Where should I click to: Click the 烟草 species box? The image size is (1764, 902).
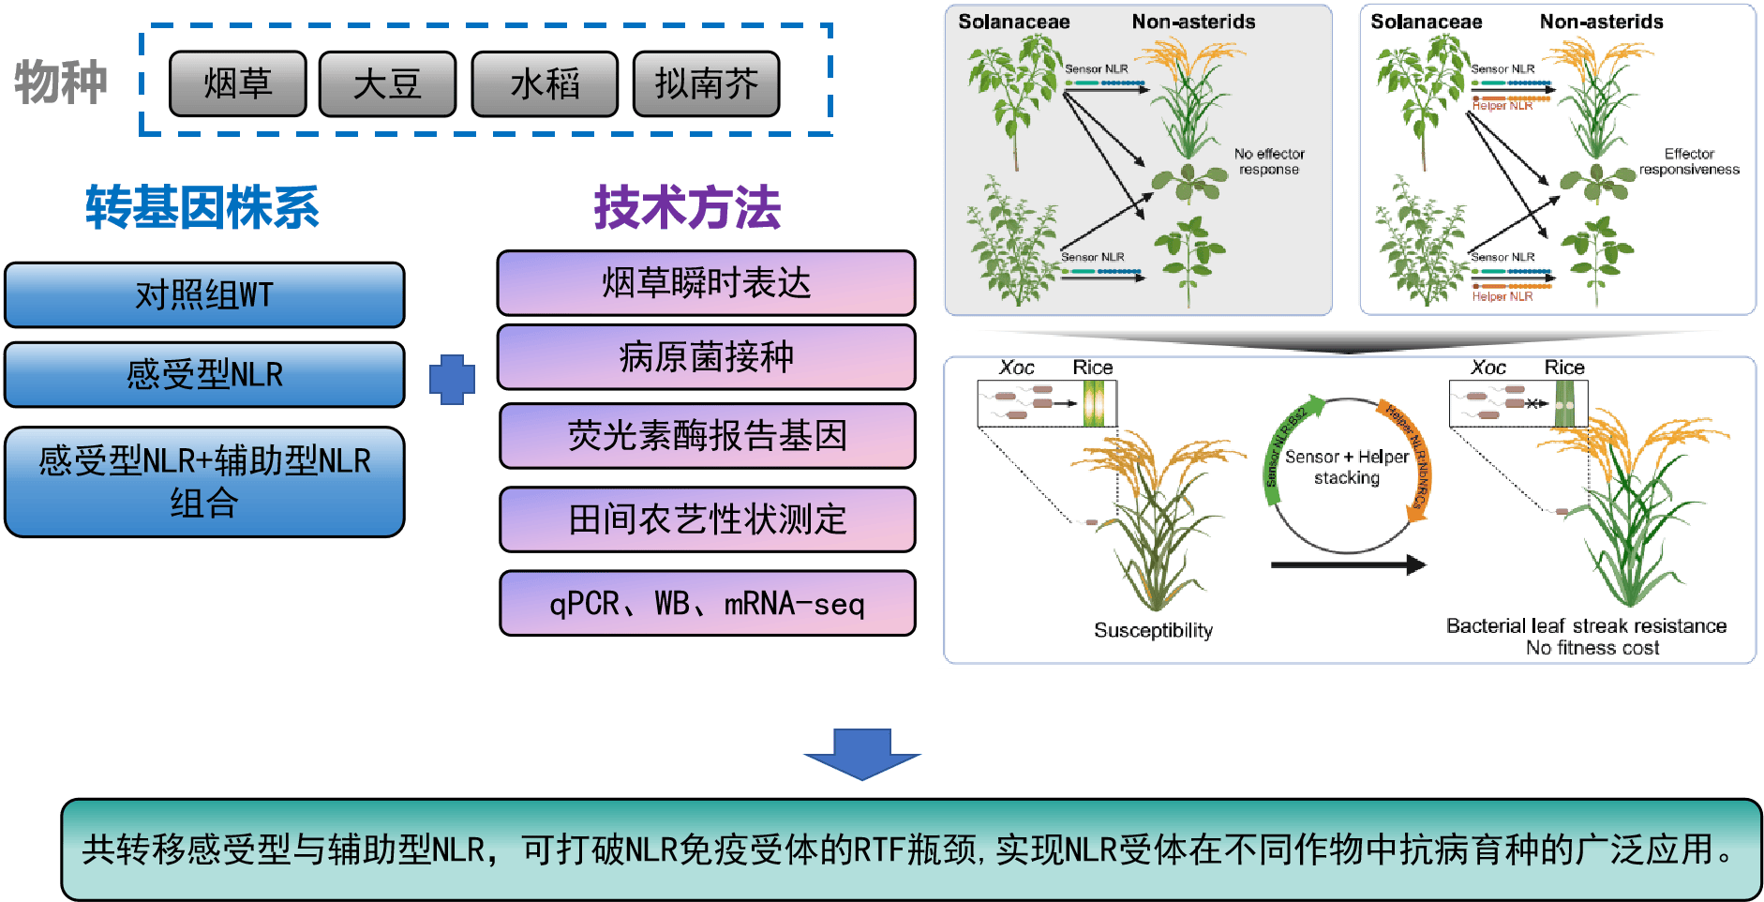click(238, 84)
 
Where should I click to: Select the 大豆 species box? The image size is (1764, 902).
click(387, 84)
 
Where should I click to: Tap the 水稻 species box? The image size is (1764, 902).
click(545, 84)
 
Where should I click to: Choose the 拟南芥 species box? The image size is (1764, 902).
click(706, 84)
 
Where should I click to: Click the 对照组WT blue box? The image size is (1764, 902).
click(204, 295)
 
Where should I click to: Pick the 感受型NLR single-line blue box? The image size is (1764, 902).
click(204, 375)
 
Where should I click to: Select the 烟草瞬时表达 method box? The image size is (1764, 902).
click(706, 283)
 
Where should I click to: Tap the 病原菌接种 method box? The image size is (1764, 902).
click(706, 357)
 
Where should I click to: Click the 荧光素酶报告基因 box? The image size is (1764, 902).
click(707, 436)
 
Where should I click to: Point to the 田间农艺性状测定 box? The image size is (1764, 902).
click(707, 519)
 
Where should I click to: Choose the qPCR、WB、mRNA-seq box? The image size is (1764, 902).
click(707, 604)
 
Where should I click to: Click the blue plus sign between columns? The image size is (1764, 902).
click(452, 380)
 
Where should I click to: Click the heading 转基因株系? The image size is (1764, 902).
click(202, 207)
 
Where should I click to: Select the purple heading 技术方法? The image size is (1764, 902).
click(687, 207)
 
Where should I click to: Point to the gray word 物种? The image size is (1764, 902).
click(61, 83)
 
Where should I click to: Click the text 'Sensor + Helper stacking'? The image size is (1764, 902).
click(1347, 467)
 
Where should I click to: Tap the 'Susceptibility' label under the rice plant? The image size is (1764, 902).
click(1153, 631)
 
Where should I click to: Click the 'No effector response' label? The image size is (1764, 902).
click(1269, 161)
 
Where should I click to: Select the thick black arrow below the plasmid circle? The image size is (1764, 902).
click(1348, 564)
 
